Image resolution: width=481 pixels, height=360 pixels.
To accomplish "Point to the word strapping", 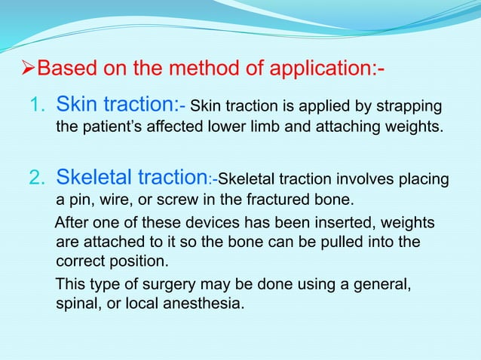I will [x=413, y=105].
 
